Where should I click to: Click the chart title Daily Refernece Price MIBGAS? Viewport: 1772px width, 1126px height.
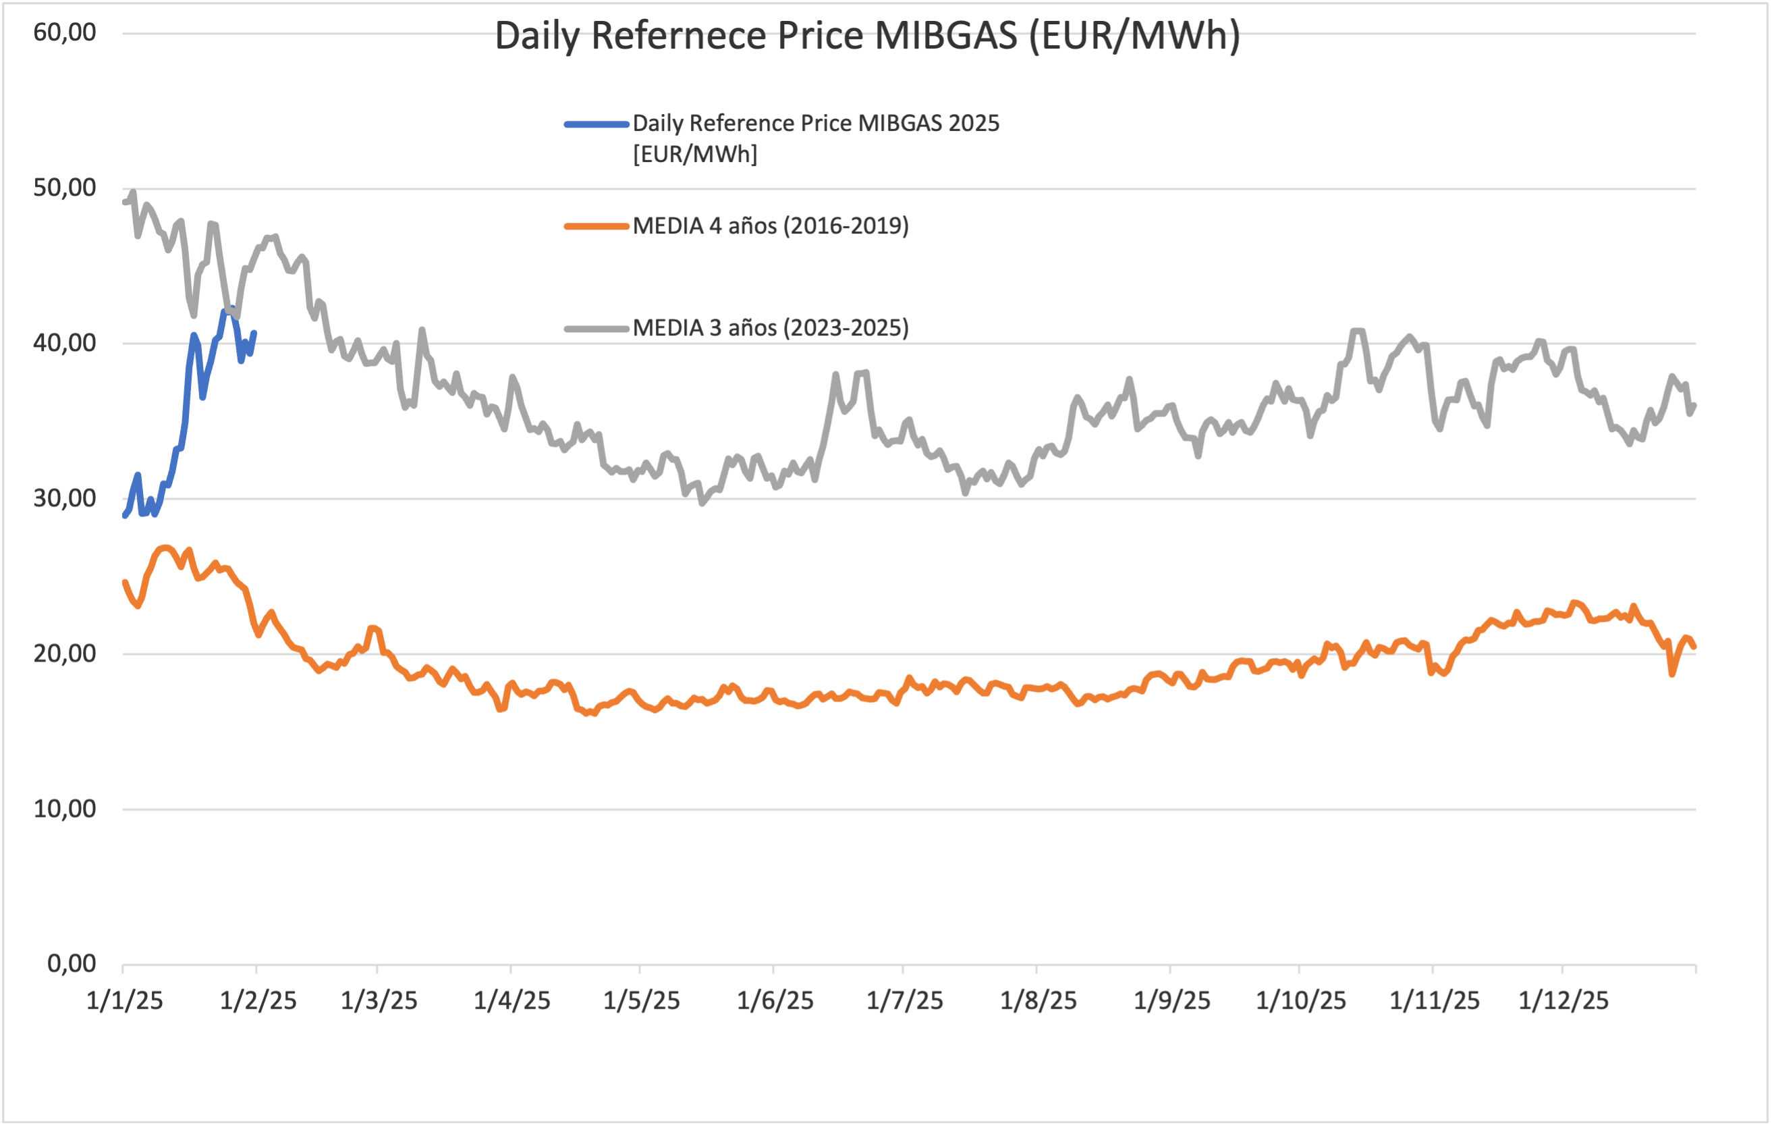click(x=867, y=35)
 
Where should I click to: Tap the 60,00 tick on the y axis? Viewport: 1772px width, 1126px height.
click(x=65, y=32)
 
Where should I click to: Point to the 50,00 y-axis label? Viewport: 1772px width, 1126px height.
click(x=65, y=188)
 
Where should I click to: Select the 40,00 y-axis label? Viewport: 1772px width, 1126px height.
click(x=65, y=343)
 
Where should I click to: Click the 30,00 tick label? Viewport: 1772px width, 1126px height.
click(x=65, y=498)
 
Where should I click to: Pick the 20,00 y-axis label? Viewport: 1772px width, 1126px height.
click(x=65, y=653)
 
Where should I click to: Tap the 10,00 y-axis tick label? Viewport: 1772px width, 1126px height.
click(x=65, y=809)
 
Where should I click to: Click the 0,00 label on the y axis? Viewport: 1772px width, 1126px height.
click(x=72, y=963)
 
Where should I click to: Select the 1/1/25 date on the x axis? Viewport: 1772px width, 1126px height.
click(x=124, y=1001)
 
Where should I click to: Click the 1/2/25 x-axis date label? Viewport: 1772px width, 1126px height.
click(x=258, y=1001)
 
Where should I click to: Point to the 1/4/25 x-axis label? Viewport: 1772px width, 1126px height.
click(x=512, y=1001)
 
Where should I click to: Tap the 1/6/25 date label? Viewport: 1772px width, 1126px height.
click(x=775, y=1001)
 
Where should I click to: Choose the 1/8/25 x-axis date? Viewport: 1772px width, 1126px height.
click(x=1039, y=1001)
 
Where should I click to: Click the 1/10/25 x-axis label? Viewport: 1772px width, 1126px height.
click(x=1300, y=1001)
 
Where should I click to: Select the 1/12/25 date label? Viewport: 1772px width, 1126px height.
click(x=1563, y=1001)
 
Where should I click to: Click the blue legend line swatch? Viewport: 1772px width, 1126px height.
click(x=596, y=124)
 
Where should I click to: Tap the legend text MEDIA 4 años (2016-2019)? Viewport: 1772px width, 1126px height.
click(x=771, y=226)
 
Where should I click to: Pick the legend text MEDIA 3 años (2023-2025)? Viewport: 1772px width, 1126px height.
click(x=771, y=327)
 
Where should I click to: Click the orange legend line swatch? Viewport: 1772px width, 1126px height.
click(x=596, y=226)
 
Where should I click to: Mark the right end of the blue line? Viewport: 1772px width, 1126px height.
click(x=254, y=333)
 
